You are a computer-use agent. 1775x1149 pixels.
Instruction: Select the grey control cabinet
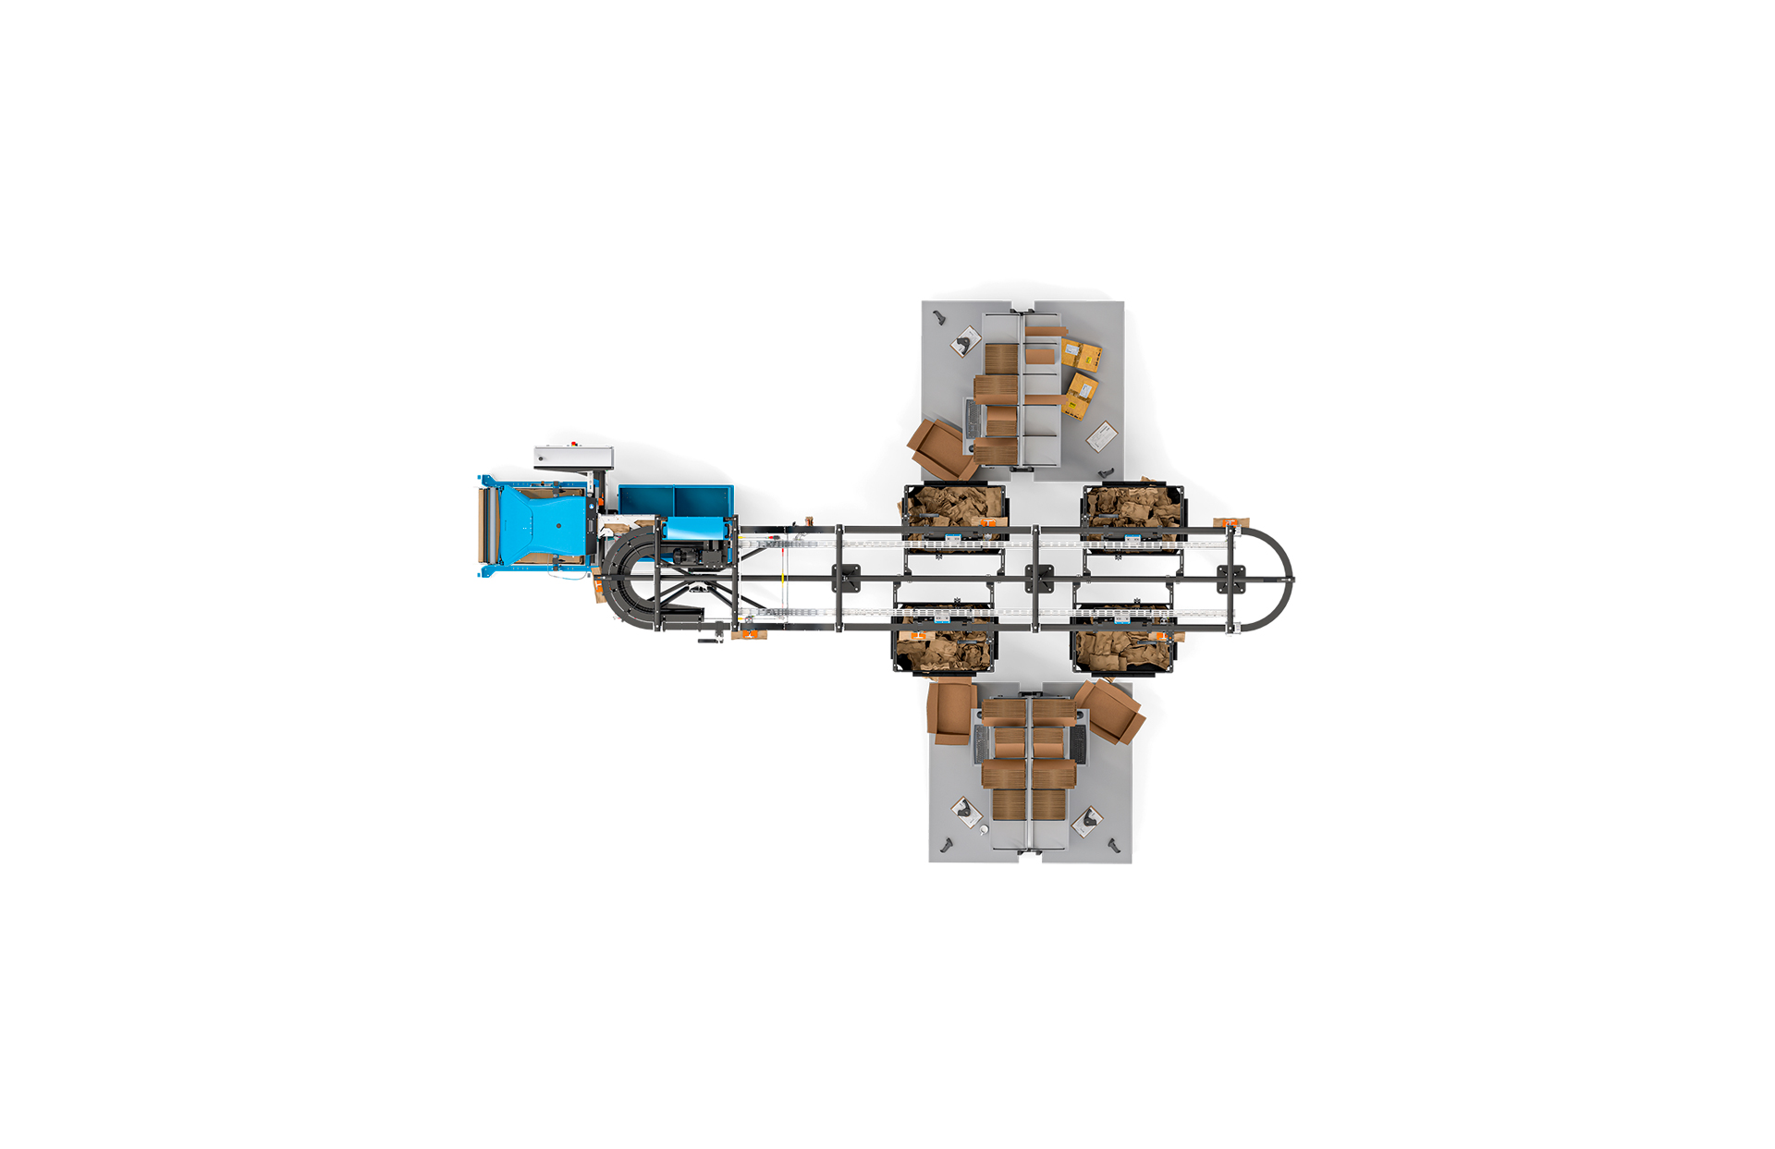click(x=573, y=458)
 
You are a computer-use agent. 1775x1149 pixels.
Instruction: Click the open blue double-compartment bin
click(x=675, y=501)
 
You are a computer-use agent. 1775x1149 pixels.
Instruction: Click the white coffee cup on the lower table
click(x=984, y=829)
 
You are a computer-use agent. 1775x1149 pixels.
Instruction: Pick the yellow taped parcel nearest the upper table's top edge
click(x=1081, y=356)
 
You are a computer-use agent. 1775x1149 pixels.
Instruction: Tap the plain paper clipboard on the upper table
click(x=1101, y=435)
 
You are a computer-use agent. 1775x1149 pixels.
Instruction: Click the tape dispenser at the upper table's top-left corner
click(x=939, y=317)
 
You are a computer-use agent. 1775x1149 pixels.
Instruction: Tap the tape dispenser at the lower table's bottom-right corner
click(x=1114, y=845)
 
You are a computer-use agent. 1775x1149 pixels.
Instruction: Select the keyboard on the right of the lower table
click(x=1077, y=743)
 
